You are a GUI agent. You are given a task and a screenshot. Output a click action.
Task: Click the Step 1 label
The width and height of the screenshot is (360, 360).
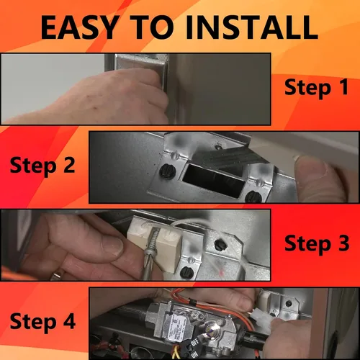(316, 88)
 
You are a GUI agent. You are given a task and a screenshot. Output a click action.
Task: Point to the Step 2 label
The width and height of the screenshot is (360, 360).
(42, 166)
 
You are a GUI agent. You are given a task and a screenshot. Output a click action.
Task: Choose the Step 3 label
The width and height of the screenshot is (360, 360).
(317, 244)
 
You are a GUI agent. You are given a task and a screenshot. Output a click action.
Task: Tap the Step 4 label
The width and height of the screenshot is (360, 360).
(42, 322)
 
